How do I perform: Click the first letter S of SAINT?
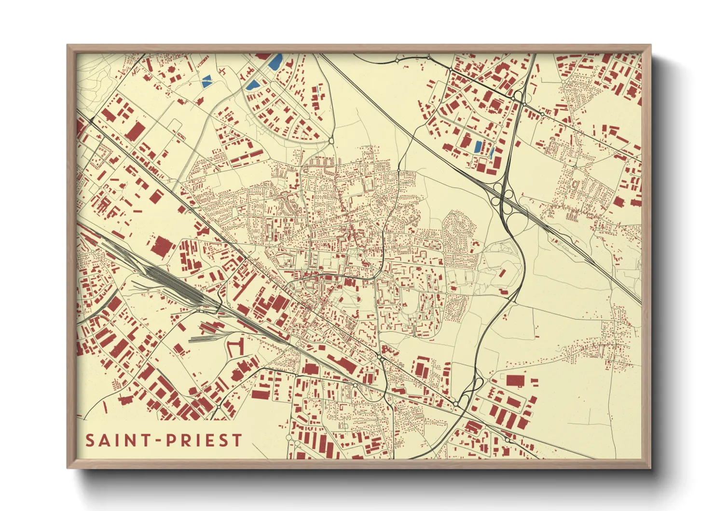90,440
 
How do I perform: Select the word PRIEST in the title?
204,440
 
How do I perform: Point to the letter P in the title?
171,440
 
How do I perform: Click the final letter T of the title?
237,440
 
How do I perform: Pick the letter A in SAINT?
104,440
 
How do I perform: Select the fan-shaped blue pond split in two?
206,81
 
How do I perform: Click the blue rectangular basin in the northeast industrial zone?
478,147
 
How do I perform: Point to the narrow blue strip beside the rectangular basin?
492,152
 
